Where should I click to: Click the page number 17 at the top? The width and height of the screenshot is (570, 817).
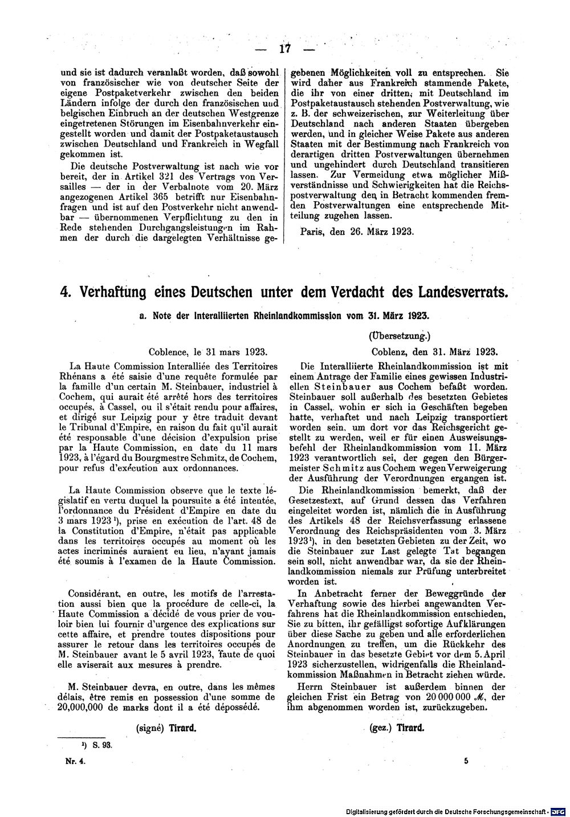285,48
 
